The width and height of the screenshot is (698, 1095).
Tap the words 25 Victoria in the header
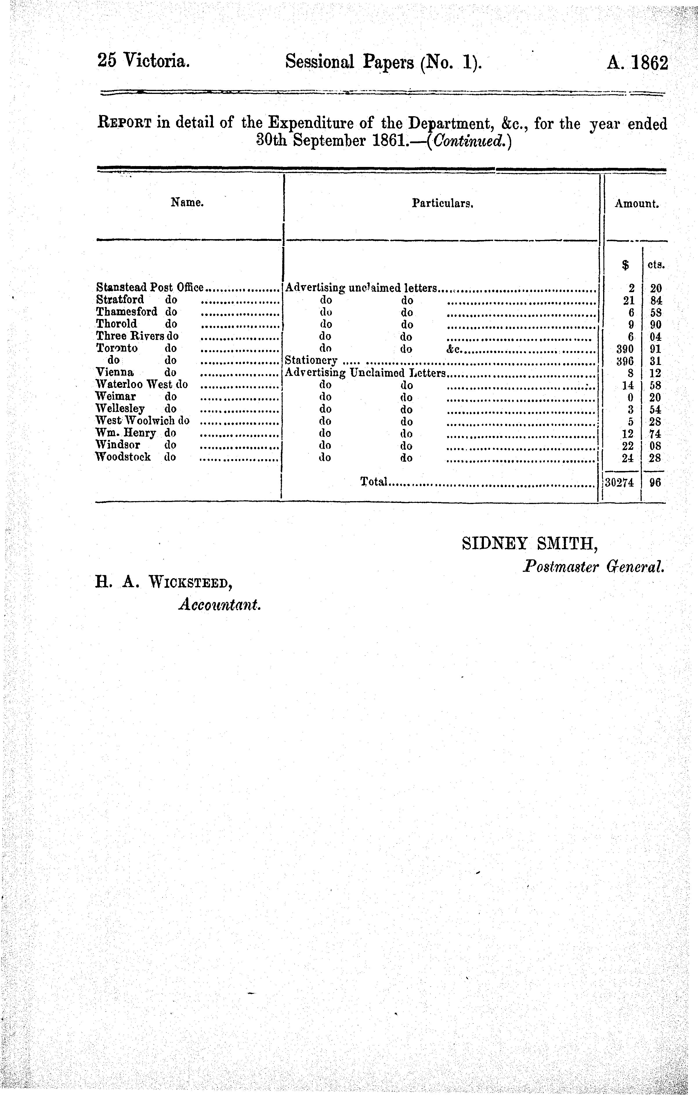(x=143, y=61)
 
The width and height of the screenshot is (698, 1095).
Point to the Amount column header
(x=636, y=204)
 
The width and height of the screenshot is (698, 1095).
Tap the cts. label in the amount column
(x=655, y=265)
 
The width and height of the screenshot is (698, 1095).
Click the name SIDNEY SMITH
(x=530, y=543)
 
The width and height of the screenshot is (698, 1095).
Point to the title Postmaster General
(x=594, y=566)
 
